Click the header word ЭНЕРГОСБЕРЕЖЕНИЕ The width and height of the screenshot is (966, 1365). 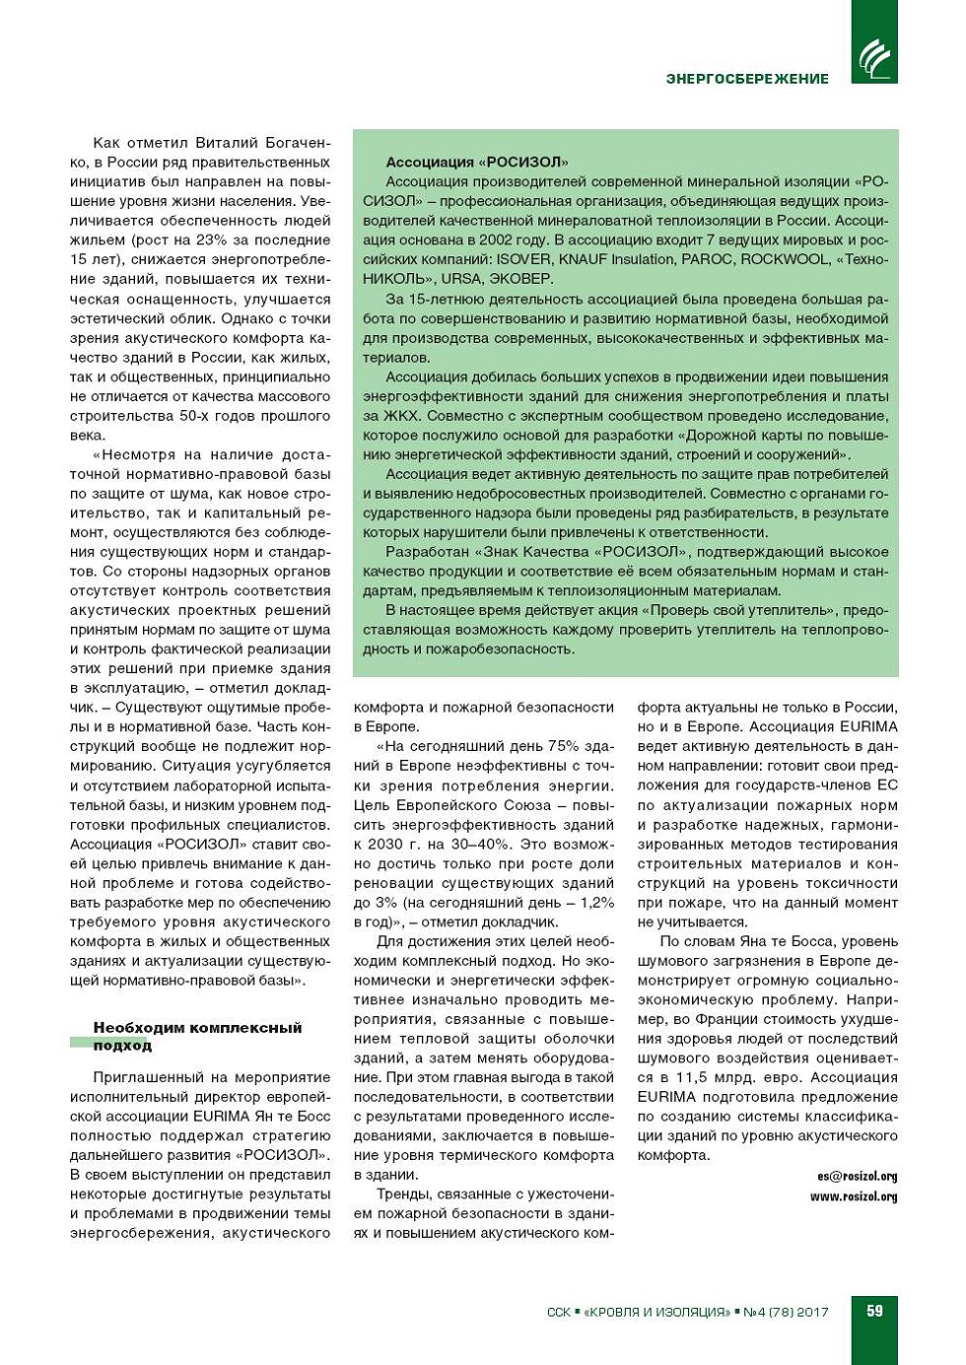(x=747, y=79)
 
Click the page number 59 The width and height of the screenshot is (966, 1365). (x=874, y=1311)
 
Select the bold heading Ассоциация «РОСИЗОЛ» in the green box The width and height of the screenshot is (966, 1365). (x=476, y=162)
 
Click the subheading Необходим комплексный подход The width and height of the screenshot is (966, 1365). (x=197, y=1036)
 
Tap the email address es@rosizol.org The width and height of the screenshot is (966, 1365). (x=857, y=1176)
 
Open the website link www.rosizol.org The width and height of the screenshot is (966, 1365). (x=854, y=1196)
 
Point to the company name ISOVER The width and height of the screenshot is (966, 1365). (x=523, y=259)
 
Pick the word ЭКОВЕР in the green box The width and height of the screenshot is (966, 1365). (x=521, y=279)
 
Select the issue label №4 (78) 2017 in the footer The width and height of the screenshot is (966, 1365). (x=786, y=1312)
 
